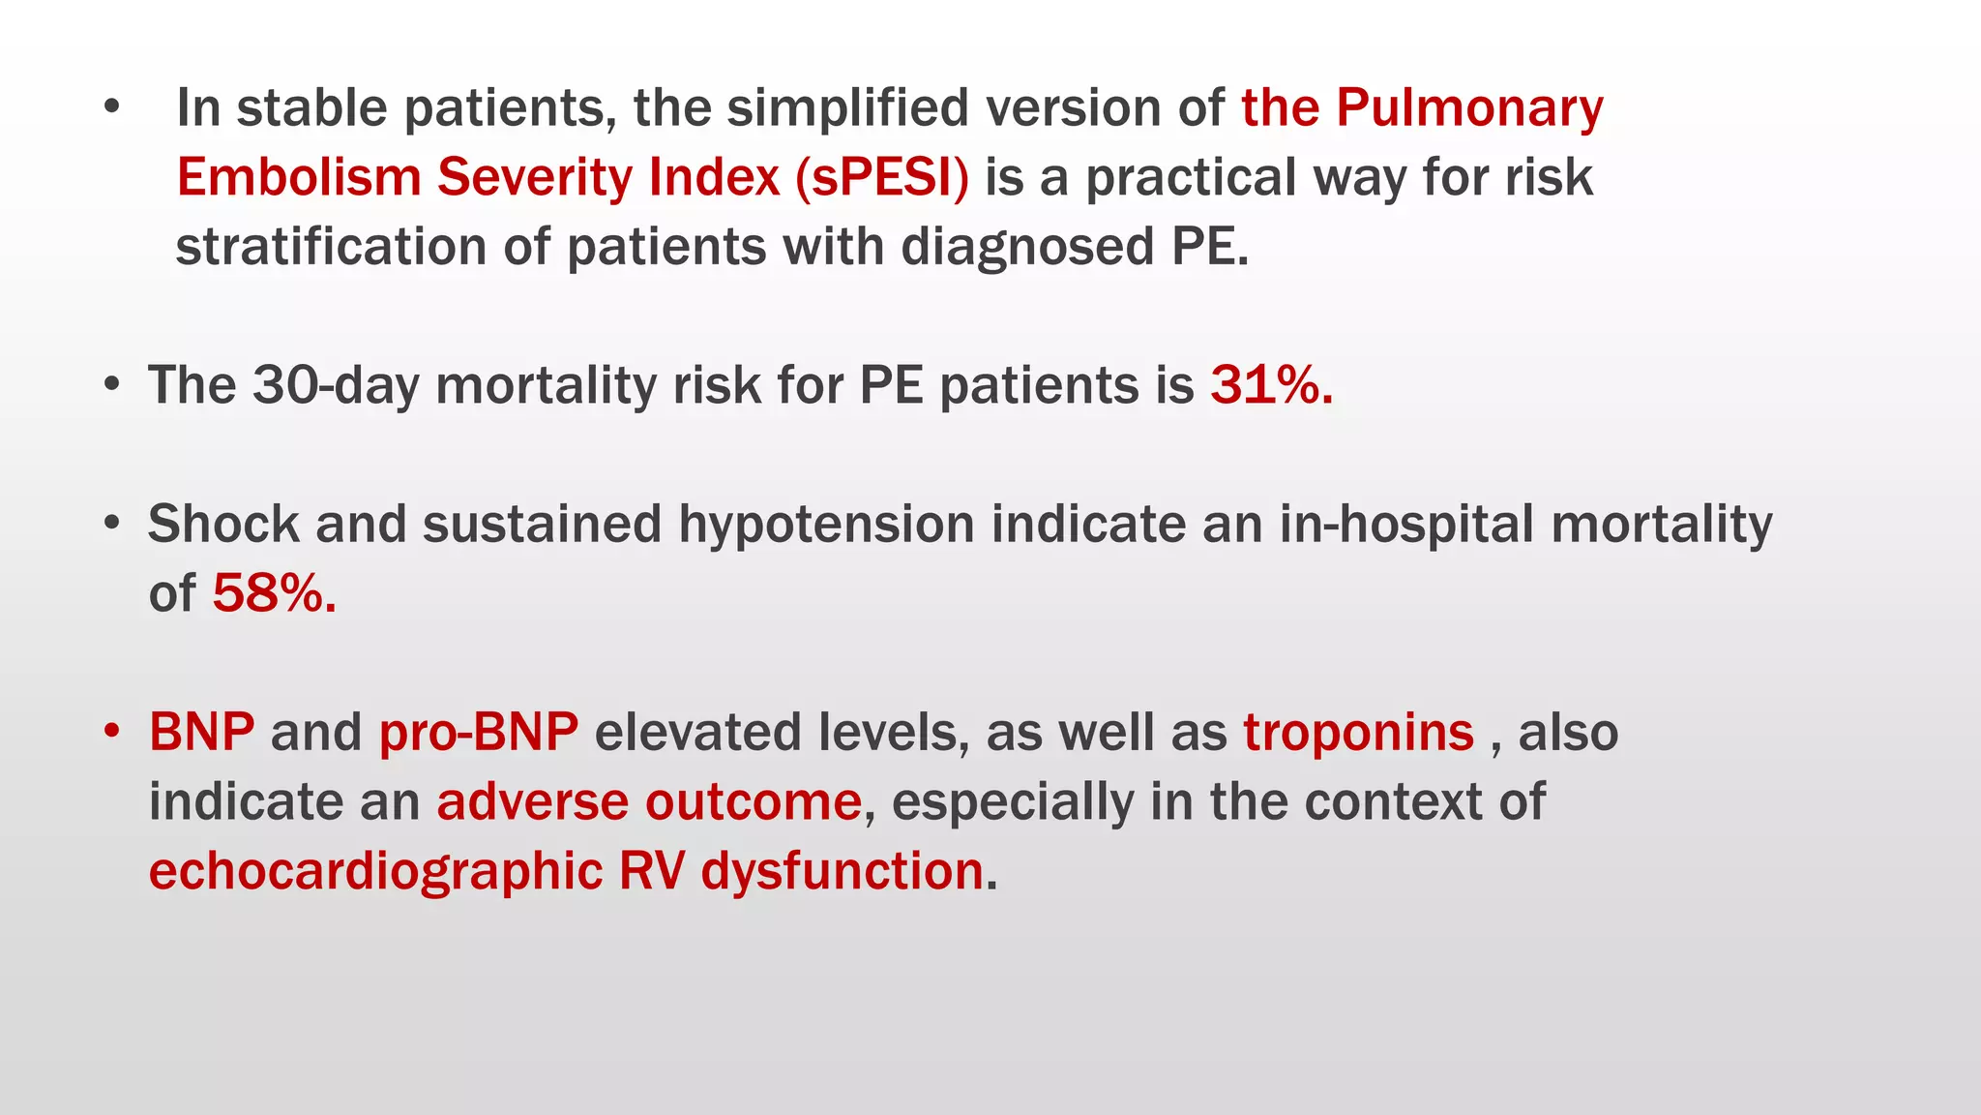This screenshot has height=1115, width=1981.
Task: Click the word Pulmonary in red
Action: point(1469,108)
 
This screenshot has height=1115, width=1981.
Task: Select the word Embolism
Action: point(298,178)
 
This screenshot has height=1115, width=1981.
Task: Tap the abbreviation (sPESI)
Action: point(881,178)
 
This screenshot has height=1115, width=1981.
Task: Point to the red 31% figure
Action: point(1270,385)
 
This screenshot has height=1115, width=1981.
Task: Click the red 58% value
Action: point(274,593)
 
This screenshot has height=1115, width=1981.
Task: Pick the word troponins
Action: point(1358,732)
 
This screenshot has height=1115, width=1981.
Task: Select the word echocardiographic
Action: point(375,871)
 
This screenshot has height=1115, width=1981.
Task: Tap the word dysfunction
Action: point(842,871)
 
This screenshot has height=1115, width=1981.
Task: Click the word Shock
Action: point(223,525)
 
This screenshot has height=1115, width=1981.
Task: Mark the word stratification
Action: point(330,248)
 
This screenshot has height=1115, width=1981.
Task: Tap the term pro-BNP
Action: point(478,732)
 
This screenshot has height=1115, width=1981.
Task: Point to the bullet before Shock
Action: point(112,523)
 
